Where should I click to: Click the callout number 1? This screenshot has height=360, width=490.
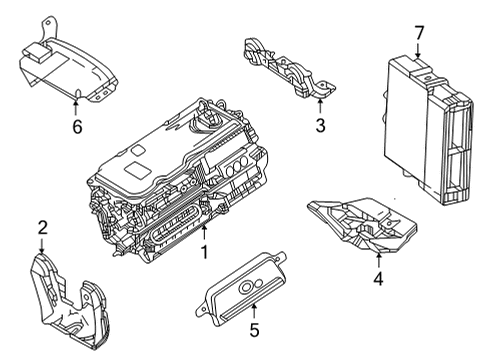click(203, 254)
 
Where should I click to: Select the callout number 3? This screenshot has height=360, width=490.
click(320, 125)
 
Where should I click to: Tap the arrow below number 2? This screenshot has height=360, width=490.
click(42, 246)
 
